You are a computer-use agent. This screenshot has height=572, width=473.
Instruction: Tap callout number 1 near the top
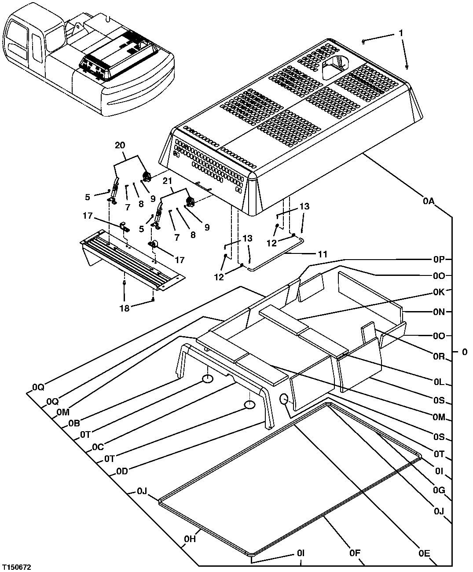pyautogui.click(x=400, y=33)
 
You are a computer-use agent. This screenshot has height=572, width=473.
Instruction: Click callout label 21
pyautogui.click(x=167, y=181)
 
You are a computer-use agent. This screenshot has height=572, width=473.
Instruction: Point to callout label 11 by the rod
pyautogui.click(x=323, y=254)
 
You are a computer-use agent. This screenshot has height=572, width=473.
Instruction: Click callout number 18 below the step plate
pyautogui.click(x=125, y=308)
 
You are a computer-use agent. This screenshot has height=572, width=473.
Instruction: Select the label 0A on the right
pyautogui.click(x=429, y=201)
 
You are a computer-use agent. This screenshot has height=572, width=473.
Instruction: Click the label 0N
pyautogui.click(x=439, y=312)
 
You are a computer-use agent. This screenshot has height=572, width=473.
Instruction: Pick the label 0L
pyautogui.click(x=439, y=384)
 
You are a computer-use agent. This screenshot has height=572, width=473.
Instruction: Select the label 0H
pyautogui.click(x=190, y=539)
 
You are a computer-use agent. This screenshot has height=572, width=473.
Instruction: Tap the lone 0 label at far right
pyautogui.click(x=465, y=352)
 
